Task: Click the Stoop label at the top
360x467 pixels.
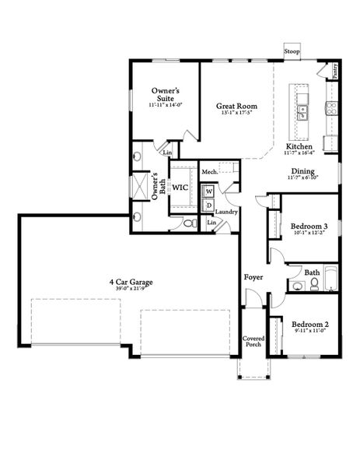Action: click(292, 51)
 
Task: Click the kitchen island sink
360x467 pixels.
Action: click(303, 111)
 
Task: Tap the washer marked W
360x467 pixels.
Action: click(209, 191)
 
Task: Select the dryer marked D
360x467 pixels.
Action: click(209, 205)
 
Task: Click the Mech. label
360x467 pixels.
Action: click(209, 171)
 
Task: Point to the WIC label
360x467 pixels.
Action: click(181, 188)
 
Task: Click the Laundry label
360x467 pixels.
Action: click(226, 212)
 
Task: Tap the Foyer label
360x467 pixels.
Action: click(253, 276)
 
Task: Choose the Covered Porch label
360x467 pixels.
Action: click(253, 341)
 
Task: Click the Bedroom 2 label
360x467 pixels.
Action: click(310, 324)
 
